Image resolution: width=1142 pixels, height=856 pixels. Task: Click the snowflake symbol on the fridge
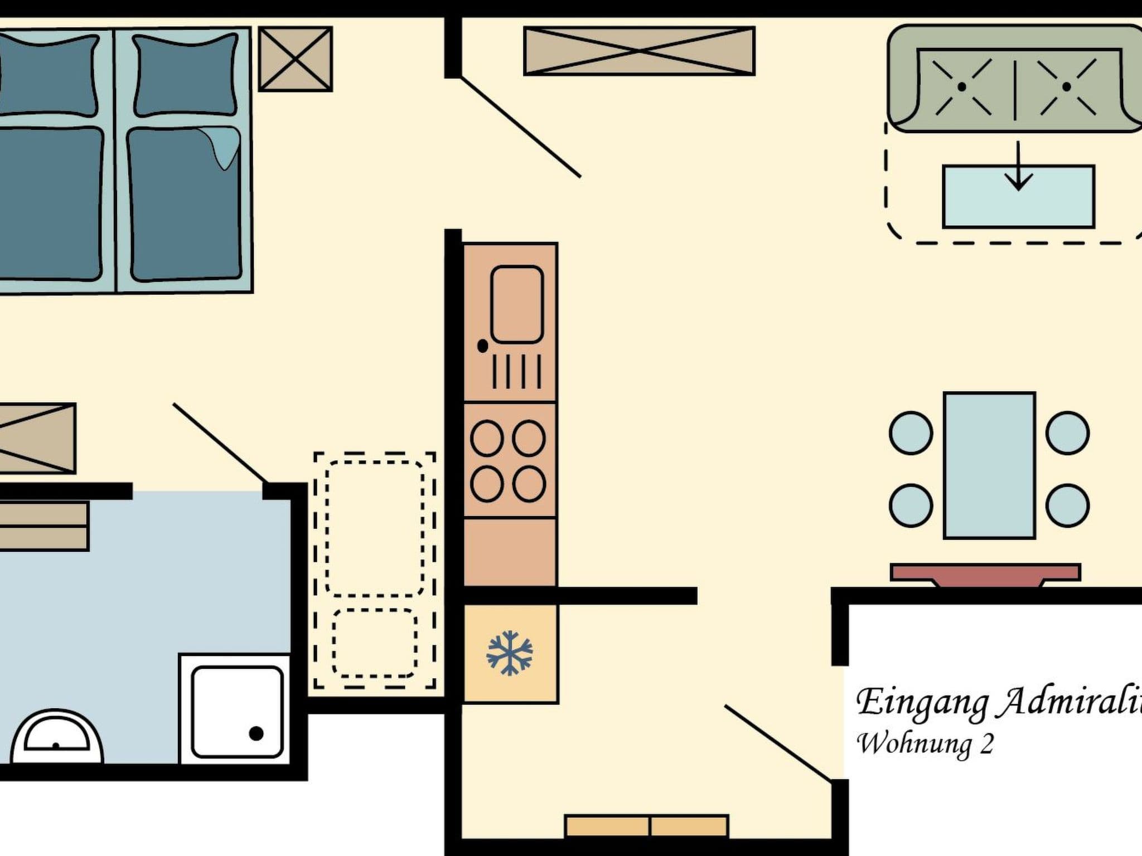coord(510,653)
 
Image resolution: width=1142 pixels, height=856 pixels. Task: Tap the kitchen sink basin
coord(516,304)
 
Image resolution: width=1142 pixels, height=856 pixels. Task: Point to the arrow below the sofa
coord(1018,167)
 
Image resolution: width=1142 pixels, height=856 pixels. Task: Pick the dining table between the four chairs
coord(989,465)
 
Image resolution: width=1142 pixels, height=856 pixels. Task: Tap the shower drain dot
coord(256,733)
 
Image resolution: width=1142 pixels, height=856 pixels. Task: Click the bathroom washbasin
coord(57,738)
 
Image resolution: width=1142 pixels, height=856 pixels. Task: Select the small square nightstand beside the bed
coord(296,59)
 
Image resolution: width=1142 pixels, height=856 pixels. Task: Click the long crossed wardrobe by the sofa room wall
coord(639,51)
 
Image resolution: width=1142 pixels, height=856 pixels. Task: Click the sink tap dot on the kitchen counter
coord(483,346)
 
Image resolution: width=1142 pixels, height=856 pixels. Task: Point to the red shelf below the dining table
coord(985,573)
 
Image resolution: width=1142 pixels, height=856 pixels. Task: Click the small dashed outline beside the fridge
coord(375,643)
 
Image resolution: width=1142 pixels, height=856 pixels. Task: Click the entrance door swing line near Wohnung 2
coord(778,743)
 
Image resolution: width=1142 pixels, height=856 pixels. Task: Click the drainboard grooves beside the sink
coord(516,372)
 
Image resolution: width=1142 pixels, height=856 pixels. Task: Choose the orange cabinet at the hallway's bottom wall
coord(647,826)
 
